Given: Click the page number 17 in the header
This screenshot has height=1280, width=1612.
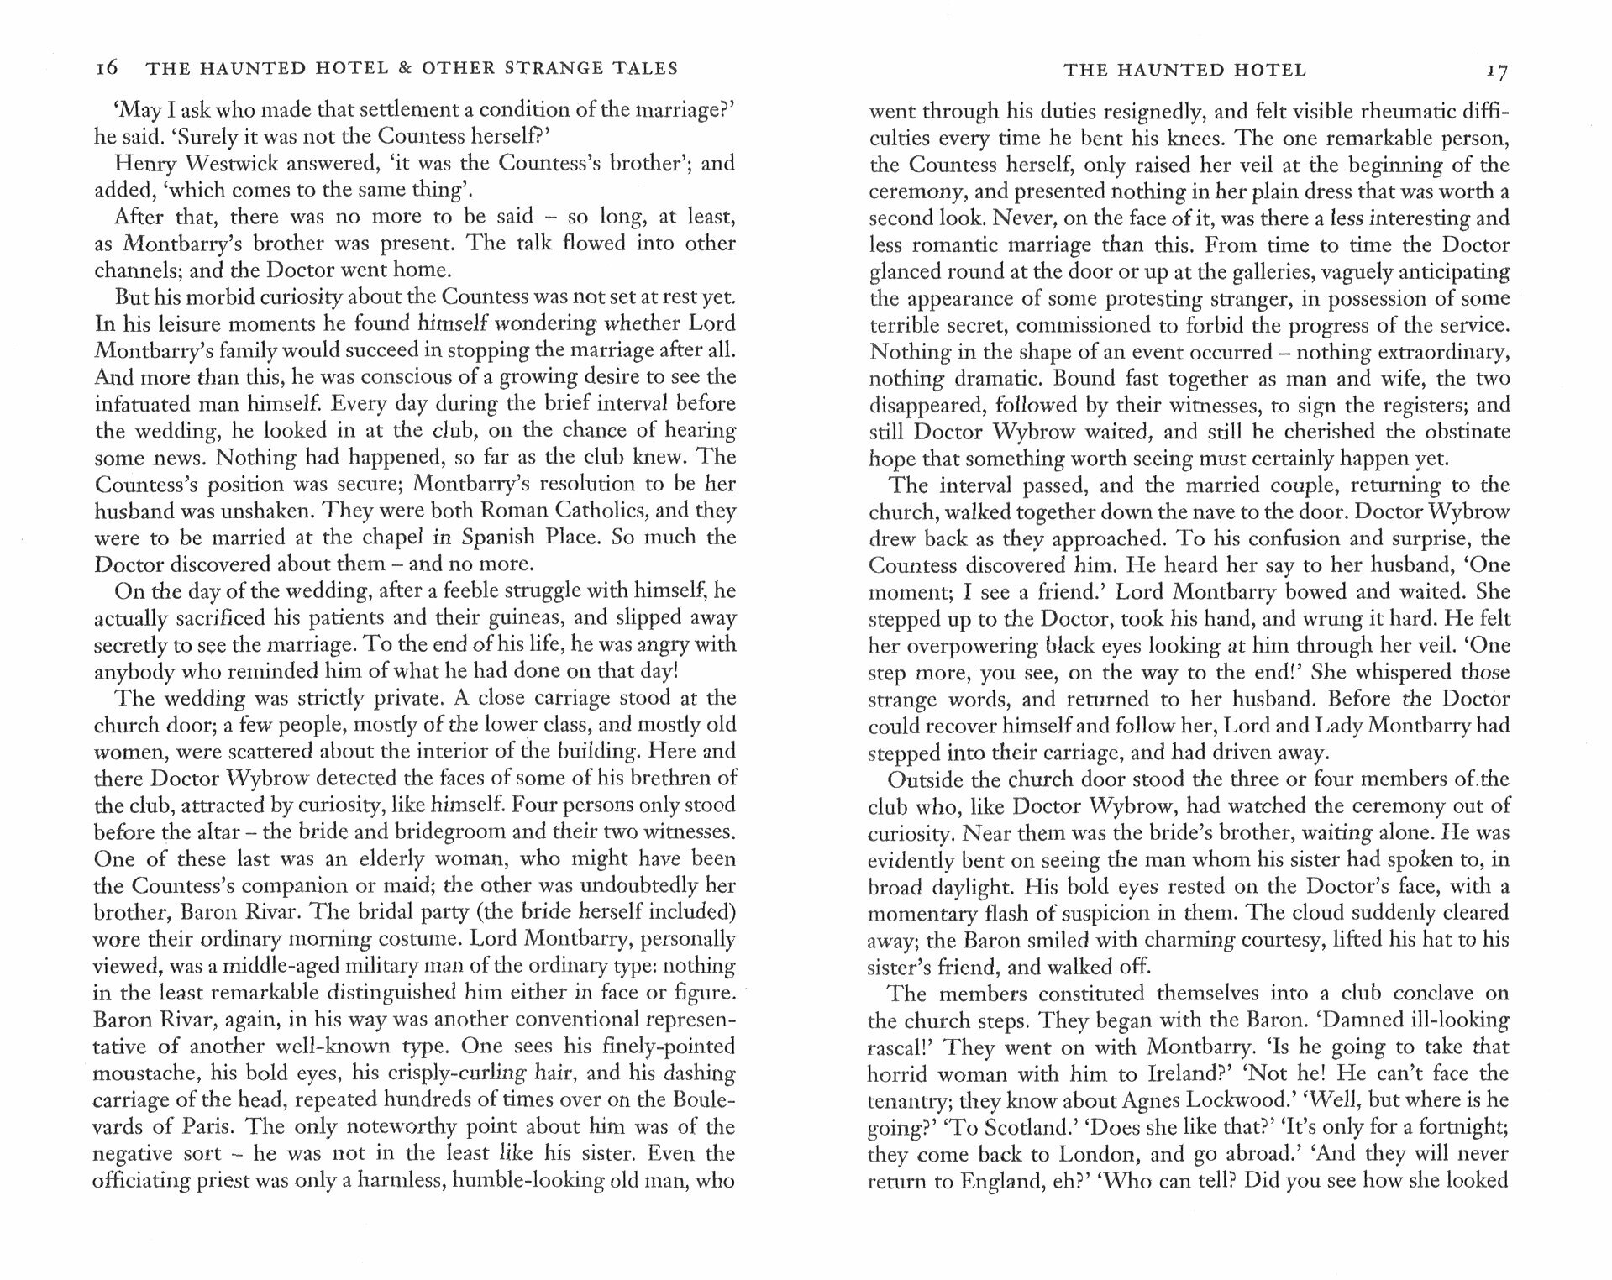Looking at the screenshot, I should point(1497,71).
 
